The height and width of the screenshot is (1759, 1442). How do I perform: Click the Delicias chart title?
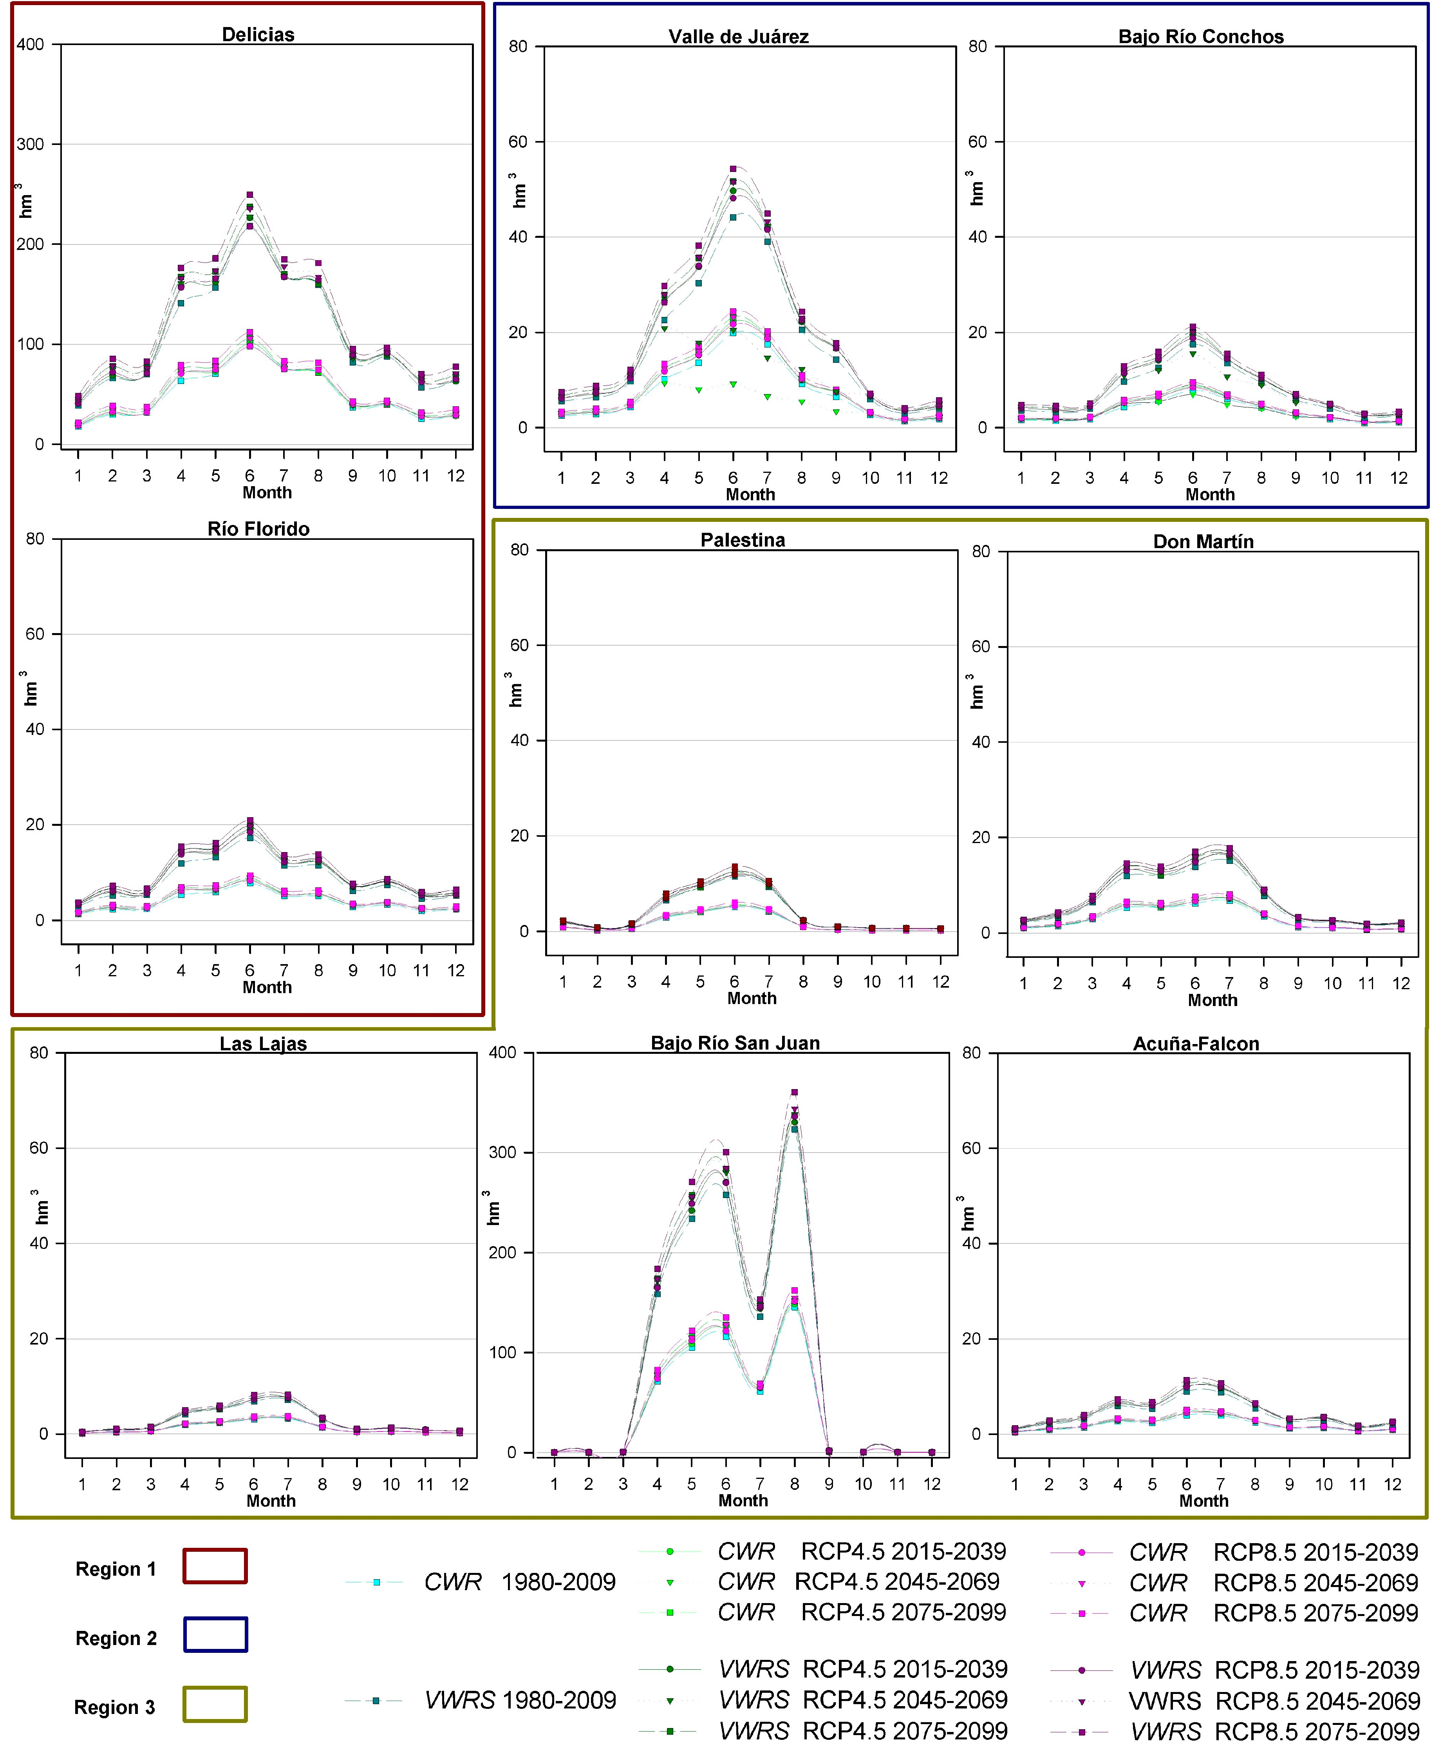coord(258,34)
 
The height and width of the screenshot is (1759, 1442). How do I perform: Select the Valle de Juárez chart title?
coord(739,36)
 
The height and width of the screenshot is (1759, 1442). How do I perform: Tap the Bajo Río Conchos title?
coord(1201,36)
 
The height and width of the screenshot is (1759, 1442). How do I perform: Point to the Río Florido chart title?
coord(258,529)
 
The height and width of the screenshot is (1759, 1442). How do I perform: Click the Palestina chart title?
coord(743,540)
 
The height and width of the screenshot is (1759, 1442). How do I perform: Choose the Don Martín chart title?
coord(1203,542)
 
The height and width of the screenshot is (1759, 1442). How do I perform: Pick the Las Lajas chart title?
coord(263,1044)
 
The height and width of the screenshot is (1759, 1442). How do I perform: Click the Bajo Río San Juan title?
coord(735,1043)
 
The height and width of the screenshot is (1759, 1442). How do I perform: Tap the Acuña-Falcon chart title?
coord(1196,1044)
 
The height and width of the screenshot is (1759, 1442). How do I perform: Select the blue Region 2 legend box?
coord(215,1634)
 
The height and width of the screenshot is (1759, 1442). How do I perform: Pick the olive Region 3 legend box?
coord(215,1704)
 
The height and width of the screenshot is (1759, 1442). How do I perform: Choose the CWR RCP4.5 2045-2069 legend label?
coord(859,1581)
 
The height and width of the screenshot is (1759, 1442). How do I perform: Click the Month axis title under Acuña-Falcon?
coord(1203,1500)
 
